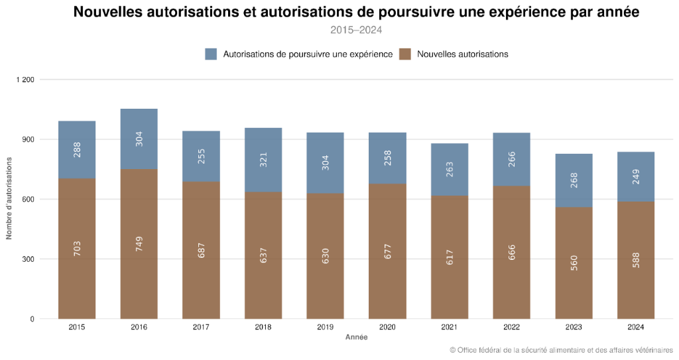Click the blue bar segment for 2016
(x=139, y=139)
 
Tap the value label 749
(x=139, y=243)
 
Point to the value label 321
(x=263, y=160)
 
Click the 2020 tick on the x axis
(x=387, y=327)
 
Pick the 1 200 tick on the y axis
(x=25, y=80)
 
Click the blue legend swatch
(x=211, y=54)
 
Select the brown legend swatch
(x=405, y=54)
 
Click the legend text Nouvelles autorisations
(x=463, y=54)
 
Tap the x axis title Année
(x=356, y=337)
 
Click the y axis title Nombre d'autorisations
(x=9, y=199)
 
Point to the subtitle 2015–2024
(x=356, y=30)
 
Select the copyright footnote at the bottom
(x=561, y=350)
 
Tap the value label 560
(x=574, y=263)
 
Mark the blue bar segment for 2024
(x=636, y=176)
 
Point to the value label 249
(x=636, y=177)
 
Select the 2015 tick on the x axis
(x=77, y=327)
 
